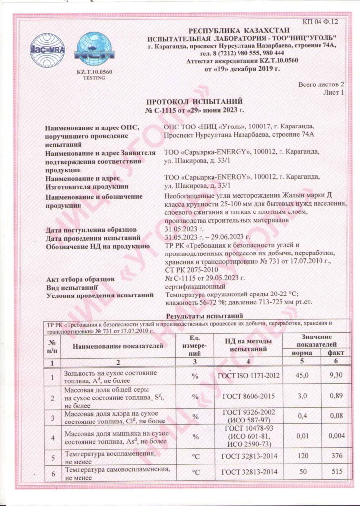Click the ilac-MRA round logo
pos(47,50)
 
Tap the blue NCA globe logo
pos(95,49)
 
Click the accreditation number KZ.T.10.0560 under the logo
pos(94,72)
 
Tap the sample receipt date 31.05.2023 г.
pos(184,229)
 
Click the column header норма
pos(301,353)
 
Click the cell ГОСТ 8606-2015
pos(248,396)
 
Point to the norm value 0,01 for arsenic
pos(301,436)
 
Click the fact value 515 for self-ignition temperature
pos(337,472)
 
